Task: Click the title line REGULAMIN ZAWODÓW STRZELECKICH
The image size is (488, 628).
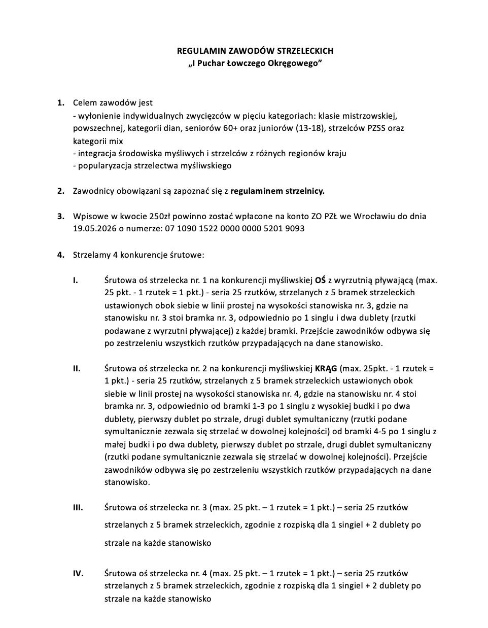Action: point(255,51)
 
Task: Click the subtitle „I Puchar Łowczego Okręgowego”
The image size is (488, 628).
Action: point(255,63)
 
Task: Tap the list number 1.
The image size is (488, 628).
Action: point(61,102)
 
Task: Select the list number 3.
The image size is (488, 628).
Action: point(61,216)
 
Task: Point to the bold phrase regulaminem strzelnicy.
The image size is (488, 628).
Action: point(277,191)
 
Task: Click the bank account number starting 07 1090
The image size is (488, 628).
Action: point(235,229)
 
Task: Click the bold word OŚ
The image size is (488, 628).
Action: point(320,280)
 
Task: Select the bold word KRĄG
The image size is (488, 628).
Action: point(326,368)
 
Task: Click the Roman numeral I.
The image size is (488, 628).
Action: point(75,280)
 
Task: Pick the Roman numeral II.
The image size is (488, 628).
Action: point(77,368)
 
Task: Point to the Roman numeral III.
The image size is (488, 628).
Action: point(78,507)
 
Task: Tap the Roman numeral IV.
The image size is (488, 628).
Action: point(78,573)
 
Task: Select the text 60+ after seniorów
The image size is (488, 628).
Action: point(230,128)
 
